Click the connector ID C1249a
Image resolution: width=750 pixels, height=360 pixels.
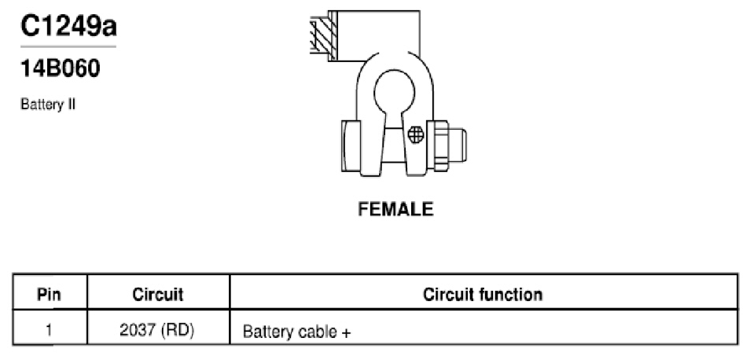[x=68, y=26]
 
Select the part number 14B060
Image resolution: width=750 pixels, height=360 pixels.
[x=61, y=68]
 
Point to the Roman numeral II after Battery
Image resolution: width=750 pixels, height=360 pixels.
[x=71, y=104]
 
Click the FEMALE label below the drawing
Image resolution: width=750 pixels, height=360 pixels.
[x=395, y=209]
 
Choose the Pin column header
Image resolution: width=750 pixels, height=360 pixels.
[x=50, y=295]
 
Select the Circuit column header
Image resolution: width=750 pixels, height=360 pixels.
[x=158, y=295]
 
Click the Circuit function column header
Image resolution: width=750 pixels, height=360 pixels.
[x=483, y=295]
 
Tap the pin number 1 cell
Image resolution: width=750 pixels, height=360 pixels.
[x=50, y=331]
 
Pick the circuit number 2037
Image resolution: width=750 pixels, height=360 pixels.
[x=138, y=331]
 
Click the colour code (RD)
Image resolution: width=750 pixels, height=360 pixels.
[x=178, y=331]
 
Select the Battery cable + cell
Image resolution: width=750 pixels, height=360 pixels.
[x=296, y=332]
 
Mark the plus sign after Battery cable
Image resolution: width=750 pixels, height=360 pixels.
[x=346, y=332]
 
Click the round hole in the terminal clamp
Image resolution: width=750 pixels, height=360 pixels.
[x=395, y=92]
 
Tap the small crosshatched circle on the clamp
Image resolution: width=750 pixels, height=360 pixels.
[x=416, y=135]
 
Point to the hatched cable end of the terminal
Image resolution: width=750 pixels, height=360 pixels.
[x=323, y=36]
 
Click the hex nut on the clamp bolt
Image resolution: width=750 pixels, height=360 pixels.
[x=438, y=146]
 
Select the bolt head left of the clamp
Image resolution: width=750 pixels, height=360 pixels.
[x=351, y=146]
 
